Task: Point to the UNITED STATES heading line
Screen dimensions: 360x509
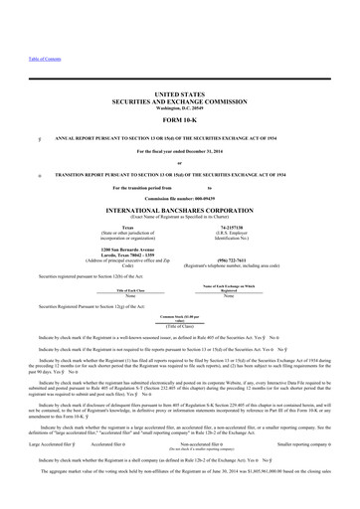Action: [179, 89]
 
